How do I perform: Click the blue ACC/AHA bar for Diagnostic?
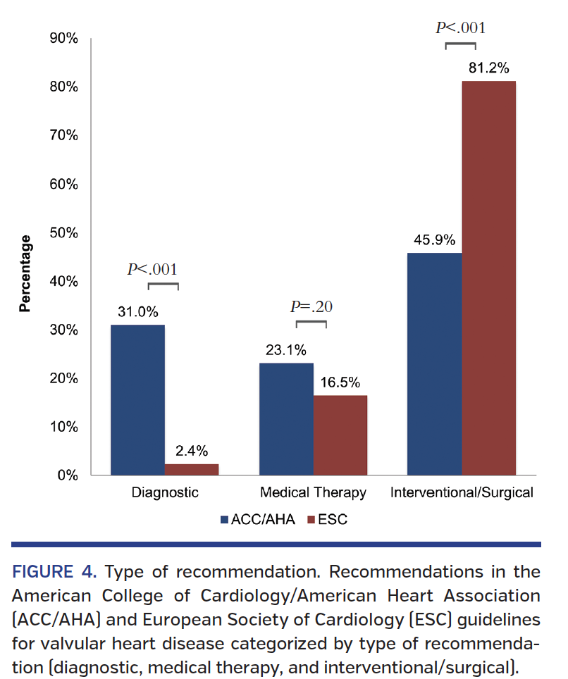137,399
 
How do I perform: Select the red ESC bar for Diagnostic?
192,469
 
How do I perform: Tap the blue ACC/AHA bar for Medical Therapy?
286,418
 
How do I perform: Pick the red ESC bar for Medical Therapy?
340,435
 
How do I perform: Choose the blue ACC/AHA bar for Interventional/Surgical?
435,363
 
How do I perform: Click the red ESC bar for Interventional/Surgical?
488,278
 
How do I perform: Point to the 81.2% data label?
488,68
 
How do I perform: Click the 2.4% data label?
191,451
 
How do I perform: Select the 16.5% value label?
340,382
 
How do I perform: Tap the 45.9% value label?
434,240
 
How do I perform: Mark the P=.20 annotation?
311,306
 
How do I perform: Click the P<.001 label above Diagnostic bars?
152,269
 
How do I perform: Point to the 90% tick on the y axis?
63,38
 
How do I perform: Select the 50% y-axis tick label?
63,232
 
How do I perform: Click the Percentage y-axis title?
25,273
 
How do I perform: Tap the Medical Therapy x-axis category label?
313,492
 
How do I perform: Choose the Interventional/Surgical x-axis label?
462,492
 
